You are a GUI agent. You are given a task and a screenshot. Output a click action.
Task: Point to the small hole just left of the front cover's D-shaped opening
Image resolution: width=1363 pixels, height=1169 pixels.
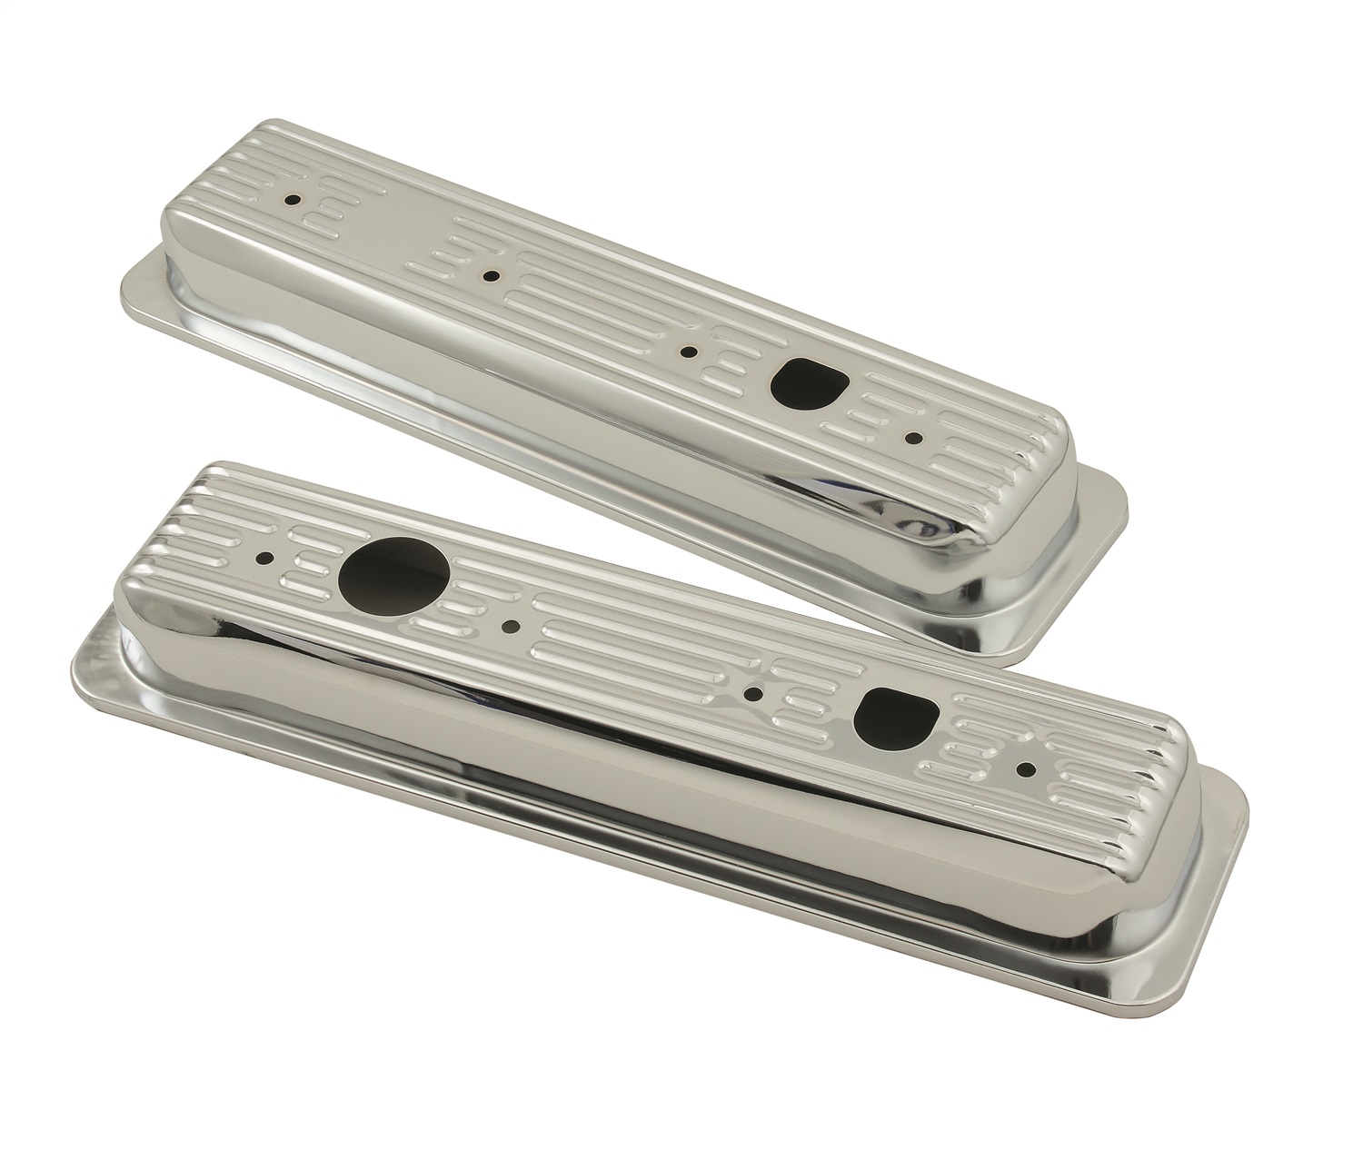tap(752, 695)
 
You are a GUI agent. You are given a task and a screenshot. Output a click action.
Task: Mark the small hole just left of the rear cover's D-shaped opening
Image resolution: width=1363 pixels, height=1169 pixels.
tap(691, 350)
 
